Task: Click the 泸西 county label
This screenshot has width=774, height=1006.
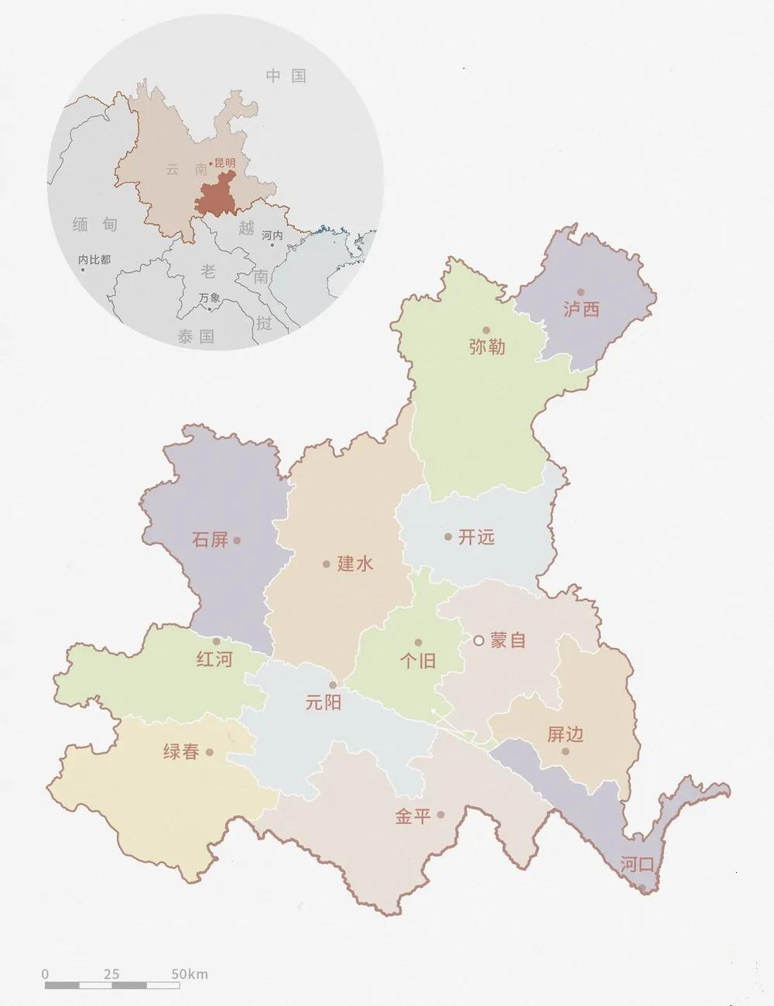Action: point(581,310)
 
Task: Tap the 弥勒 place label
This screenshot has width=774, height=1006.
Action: point(487,347)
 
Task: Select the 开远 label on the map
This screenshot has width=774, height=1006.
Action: point(476,537)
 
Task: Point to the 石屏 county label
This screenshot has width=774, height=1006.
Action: point(210,539)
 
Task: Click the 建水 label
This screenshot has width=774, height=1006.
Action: point(355,564)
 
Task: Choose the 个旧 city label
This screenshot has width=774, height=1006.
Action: point(418,661)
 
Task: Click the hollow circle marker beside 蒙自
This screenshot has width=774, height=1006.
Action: point(478,640)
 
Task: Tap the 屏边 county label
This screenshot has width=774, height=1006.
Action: point(565,734)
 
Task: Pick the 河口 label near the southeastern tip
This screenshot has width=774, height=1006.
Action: point(637,864)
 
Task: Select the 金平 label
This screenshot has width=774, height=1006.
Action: point(413,816)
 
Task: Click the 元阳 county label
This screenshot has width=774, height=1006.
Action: point(323,703)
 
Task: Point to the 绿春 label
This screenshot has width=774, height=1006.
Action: point(181,751)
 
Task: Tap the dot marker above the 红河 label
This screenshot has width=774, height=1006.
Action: point(217,642)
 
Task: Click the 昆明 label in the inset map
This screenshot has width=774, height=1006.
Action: point(224,163)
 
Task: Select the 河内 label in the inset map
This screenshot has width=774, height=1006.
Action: point(272,235)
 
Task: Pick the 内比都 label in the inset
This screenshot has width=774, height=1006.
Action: point(94,260)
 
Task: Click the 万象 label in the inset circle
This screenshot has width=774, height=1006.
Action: point(209,297)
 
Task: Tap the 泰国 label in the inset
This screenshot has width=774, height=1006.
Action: point(195,337)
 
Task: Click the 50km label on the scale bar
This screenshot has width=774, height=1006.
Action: point(190,974)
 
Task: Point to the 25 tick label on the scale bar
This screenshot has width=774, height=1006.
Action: point(111,974)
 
